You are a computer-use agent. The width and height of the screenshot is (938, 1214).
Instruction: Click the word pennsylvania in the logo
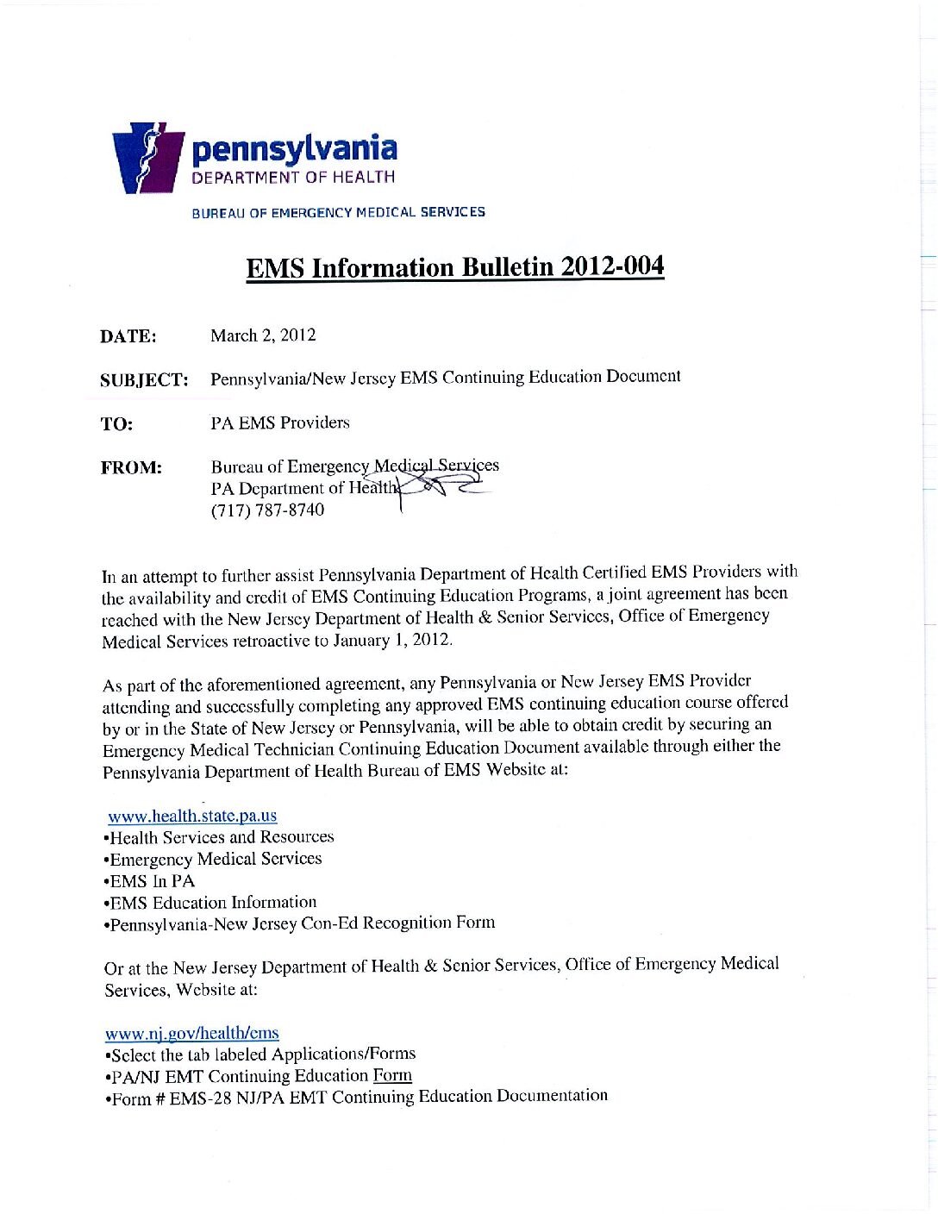294,149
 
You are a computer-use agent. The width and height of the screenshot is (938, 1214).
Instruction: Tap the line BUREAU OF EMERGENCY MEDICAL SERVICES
338,212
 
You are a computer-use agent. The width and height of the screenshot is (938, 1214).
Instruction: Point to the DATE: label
128,336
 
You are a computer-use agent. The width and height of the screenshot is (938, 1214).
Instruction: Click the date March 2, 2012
263,335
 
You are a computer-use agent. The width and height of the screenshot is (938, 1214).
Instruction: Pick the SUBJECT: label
144,380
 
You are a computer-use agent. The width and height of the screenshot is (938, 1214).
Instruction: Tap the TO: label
116,424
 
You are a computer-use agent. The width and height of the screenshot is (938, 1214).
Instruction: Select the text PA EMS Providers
280,422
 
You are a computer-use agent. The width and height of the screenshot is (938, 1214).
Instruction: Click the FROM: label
131,468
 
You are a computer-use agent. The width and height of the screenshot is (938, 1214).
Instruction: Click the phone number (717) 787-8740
267,510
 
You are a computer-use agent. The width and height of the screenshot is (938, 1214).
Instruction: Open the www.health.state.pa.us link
192,816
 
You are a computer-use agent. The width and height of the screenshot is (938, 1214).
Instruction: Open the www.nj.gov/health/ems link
191,1033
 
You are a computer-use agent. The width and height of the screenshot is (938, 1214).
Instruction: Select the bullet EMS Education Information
212,903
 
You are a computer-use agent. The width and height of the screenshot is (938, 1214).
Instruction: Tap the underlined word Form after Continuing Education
392,1075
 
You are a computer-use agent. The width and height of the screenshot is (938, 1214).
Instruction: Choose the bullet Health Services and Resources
221,837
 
